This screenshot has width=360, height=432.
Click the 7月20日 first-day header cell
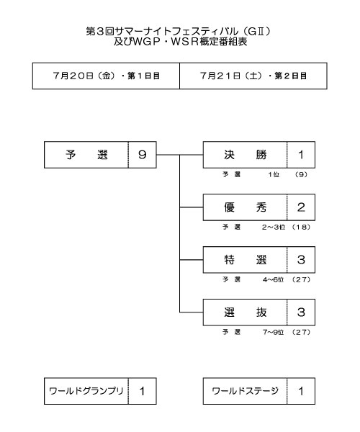pyautogui.click(x=106, y=76)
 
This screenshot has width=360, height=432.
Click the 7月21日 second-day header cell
pyautogui.click(x=253, y=76)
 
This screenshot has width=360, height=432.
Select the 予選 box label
pyautogui.click(x=86, y=155)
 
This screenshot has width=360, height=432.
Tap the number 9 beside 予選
pyautogui.click(x=142, y=155)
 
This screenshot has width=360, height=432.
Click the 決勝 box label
pyautogui.click(x=246, y=155)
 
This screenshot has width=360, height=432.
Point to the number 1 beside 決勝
pyautogui.click(x=301, y=155)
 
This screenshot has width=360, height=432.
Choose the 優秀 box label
pyautogui.click(x=246, y=207)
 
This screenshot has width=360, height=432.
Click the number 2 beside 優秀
pyautogui.click(x=301, y=207)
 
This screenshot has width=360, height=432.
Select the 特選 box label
pyautogui.click(x=246, y=260)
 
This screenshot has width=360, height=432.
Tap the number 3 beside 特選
pyautogui.click(x=301, y=260)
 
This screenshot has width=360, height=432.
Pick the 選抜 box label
pyautogui.click(x=246, y=312)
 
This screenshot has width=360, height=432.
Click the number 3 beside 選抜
pyautogui.click(x=301, y=312)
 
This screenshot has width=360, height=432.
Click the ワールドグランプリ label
pyautogui.click(x=86, y=391)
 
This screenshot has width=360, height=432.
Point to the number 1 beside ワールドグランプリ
pyautogui.click(x=142, y=391)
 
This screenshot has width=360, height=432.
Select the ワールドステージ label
pyautogui.click(x=245, y=391)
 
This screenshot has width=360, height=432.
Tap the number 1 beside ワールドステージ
pyautogui.click(x=301, y=391)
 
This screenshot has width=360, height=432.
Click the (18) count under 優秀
pyautogui.click(x=301, y=227)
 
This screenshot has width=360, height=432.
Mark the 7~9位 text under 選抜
pyautogui.click(x=273, y=332)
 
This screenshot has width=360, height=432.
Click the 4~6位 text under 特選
pyautogui.click(x=273, y=279)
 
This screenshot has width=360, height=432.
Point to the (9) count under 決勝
pyautogui.click(x=301, y=174)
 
